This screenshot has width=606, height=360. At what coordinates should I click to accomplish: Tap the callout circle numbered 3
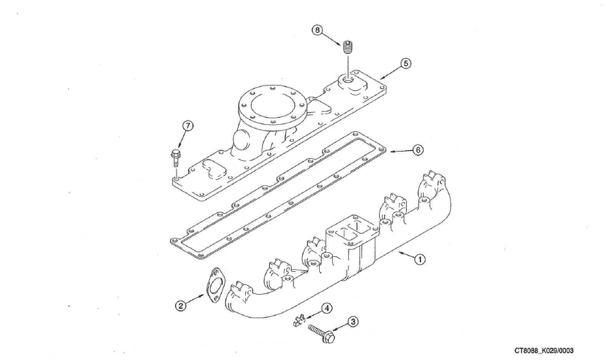[352, 321]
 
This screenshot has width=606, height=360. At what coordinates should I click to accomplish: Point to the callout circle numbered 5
[405, 64]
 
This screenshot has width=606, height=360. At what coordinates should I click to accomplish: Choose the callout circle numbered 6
[417, 150]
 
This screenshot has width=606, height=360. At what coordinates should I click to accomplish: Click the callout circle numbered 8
[317, 30]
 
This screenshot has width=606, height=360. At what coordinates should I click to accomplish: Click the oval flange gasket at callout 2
[212, 287]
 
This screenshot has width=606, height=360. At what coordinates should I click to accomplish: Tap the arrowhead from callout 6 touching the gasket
[392, 151]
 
